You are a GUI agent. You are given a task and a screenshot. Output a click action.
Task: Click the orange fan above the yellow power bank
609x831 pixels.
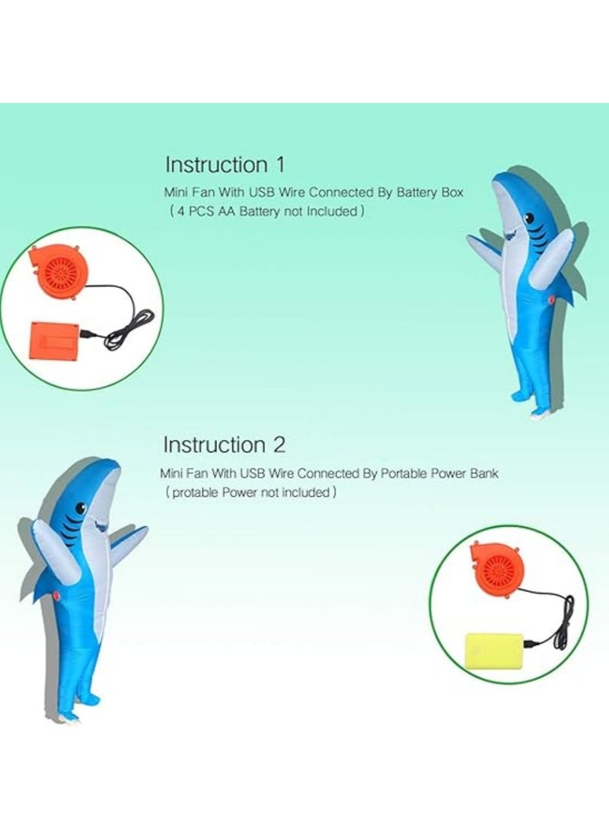(497, 568)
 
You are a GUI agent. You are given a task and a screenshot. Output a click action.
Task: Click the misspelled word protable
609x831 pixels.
(194, 492)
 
